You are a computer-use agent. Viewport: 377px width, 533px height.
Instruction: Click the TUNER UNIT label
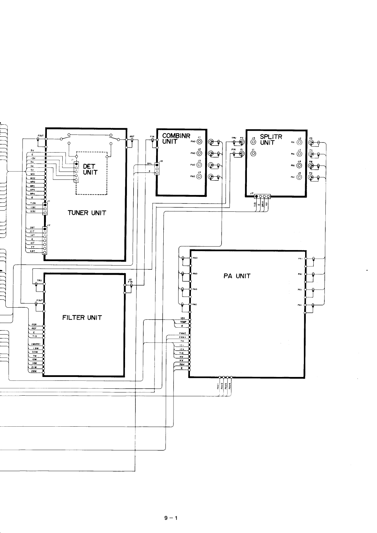[x=86, y=213]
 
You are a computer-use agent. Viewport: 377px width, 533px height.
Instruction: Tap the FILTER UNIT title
[x=82, y=317]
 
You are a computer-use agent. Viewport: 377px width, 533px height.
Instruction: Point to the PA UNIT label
[x=237, y=276]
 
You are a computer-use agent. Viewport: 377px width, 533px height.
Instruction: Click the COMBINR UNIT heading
[x=176, y=139]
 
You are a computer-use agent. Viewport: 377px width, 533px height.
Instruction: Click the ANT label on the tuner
[x=132, y=137]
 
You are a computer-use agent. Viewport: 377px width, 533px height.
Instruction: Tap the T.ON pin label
[x=33, y=203]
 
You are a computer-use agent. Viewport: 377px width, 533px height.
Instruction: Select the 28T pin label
[x=32, y=228]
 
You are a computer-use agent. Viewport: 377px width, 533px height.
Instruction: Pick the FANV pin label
[x=182, y=337]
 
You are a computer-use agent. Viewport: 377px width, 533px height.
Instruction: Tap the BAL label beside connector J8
[x=150, y=164]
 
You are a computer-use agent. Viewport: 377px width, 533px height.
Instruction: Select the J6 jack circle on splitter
[x=253, y=142]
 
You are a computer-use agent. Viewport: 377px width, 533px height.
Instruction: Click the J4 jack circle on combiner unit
[x=199, y=177]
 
